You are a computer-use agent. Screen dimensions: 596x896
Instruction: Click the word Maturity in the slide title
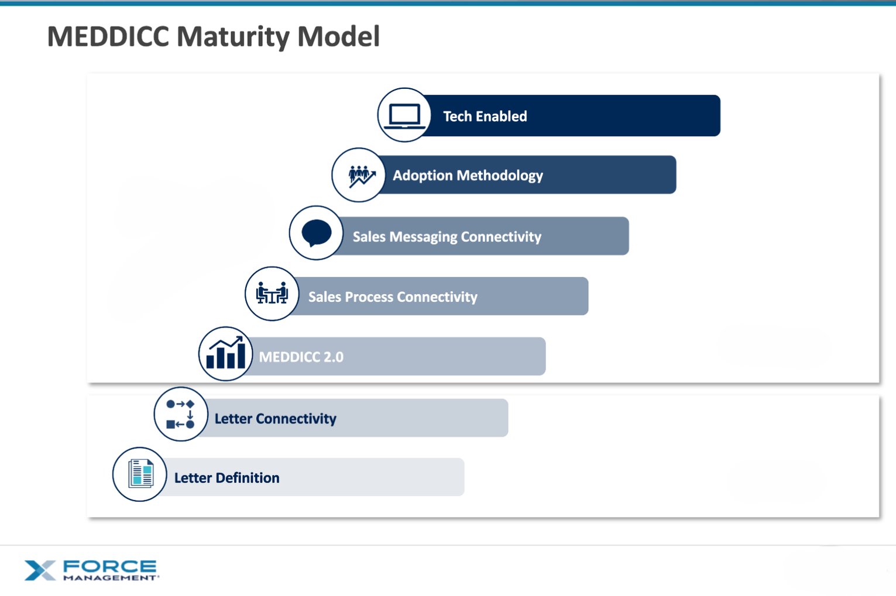click(x=232, y=36)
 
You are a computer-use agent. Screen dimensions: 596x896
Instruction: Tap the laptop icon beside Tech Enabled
click(x=404, y=115)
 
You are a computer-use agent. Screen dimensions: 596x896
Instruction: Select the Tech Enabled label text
click(x=485, y=116)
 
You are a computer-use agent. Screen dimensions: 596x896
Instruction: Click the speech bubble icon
click(x=317, y=233)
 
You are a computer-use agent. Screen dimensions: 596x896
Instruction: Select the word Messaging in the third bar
click(x=423, y=237)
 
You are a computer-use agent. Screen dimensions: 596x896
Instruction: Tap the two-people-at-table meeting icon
click(x=272, y=293)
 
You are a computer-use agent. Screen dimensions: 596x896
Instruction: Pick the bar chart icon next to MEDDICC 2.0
click(x=226, y=354)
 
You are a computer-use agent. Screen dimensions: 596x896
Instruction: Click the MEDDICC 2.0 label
click(x=301, y=357)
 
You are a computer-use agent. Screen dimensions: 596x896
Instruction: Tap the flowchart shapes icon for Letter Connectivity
click(x=180, y=414)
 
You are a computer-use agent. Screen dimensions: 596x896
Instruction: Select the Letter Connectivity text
click(x=275, y=419)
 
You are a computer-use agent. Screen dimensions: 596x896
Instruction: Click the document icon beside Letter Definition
click(x=140, y=474)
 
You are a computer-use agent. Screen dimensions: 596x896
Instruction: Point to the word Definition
click(x=247, y=478)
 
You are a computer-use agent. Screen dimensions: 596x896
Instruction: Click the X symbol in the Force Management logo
click(x=39, y=570)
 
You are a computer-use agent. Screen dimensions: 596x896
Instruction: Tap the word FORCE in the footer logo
click(x=109, y=566)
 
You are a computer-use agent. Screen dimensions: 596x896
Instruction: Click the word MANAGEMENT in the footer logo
click(x=110, y=578)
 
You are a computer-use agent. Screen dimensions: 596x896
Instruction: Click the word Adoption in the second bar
click(x=423, y=175)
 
